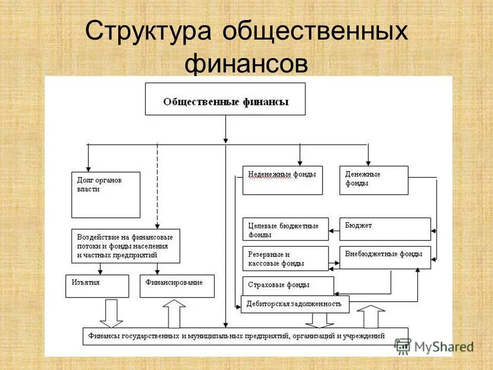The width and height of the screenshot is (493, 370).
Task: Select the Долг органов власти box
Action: [106, 195]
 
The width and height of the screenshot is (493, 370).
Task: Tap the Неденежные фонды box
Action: [282, 180]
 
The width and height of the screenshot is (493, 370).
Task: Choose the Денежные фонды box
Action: [374, 180]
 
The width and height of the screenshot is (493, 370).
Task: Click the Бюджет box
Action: [385, 229]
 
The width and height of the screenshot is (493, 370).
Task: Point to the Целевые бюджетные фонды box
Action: [286, 229]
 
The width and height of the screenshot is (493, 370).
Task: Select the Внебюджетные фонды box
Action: [385, 257]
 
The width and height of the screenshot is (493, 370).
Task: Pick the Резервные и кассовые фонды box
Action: [286, 258]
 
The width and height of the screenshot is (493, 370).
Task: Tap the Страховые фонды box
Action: [288, 285]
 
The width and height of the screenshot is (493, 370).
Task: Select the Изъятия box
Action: [97, 286]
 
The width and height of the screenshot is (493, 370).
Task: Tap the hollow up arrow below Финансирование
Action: [174, 313]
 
